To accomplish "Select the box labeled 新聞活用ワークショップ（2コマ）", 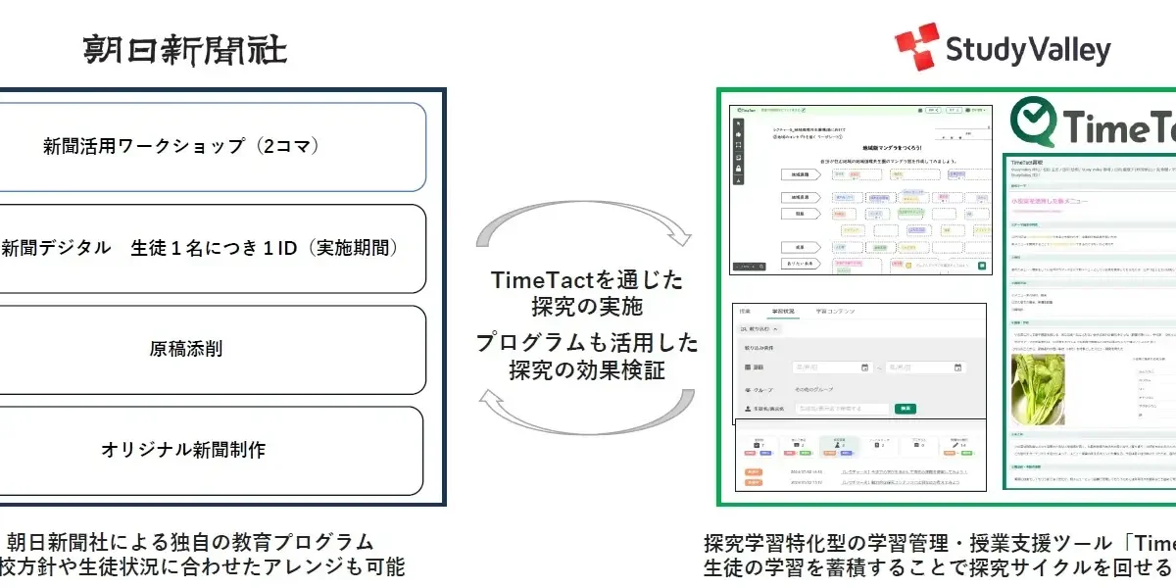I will [x=211, y=147].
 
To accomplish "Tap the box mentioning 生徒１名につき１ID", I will [x=211, y=248].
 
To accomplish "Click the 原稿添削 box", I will [x=211, y=350].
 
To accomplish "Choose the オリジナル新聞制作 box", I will [x=211, y=450].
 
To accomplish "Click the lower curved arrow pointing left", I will [x=584, y=410].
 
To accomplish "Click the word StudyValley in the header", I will [x=1028, y=50].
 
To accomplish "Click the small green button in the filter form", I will [x=906, y=409].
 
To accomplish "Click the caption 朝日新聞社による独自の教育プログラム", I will [x=190, y=542].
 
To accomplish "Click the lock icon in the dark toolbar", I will [x=738, y=169].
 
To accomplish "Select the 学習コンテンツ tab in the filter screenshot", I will [x=835, y=312].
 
